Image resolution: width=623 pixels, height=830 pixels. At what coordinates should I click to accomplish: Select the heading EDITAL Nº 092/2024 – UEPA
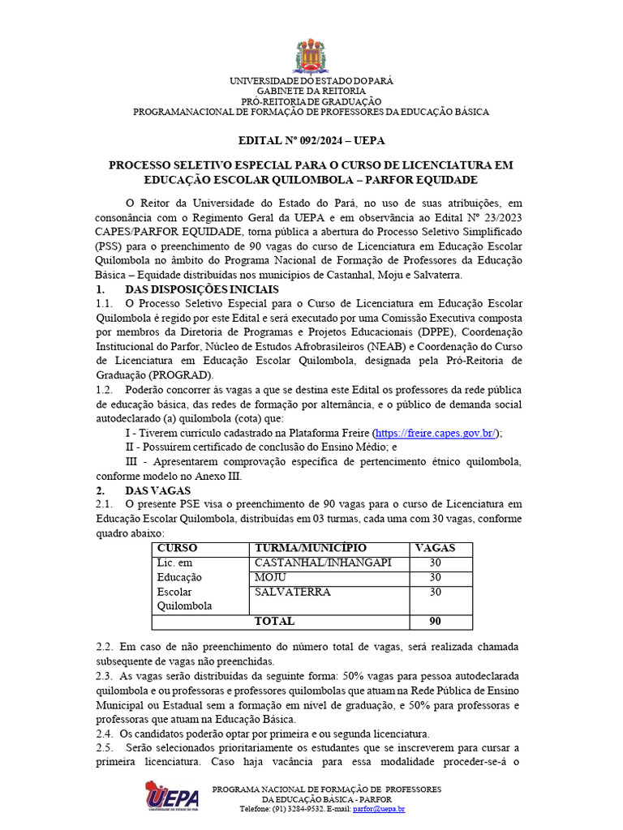coord(311,139)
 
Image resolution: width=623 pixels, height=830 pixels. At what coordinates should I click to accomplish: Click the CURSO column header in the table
coord(178,548)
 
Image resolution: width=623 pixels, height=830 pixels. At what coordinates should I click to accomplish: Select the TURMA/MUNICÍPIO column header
coord(311,548)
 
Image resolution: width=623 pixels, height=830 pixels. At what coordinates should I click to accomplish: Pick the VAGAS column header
coord(434,548)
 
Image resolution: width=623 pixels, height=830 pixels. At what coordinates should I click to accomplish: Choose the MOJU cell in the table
coord(270,577)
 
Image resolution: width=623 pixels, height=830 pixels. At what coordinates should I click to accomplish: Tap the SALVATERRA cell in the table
coord(292,592)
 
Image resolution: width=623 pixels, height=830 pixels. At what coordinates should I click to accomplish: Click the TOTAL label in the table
coord(274,621)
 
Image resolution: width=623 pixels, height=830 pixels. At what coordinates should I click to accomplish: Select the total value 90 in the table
coord(434,621)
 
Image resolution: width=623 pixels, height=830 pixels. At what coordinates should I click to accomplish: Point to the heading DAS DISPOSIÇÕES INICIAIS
coord(202,289)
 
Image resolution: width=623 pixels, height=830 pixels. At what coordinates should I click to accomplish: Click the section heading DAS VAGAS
coord(157,490)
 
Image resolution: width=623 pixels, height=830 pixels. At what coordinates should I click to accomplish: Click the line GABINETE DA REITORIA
coord(311,92)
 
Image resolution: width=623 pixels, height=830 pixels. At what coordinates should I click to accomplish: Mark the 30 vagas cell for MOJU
coord(434,577)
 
